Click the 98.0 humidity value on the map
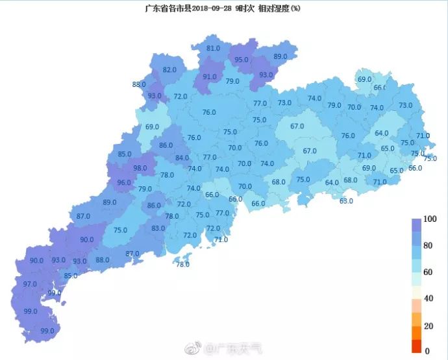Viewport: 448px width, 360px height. pyautogui.click(x=140, y=168)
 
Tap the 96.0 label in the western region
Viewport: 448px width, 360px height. pyautogui.click(x=124, y=183)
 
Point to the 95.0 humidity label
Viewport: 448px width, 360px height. pyautogui.click(x=242, y=60)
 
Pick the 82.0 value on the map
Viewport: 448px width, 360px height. pyautogui.click(x=169, y=70)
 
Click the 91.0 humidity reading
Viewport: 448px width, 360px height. pyautogui.click(x=210, y=77)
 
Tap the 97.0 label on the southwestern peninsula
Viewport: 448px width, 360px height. pyautogui.click(x=30, y=285)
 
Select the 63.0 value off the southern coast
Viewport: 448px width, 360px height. pyautogui.click(x=346, y=201)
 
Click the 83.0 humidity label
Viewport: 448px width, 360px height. pyautogui.click(x=158, y=228)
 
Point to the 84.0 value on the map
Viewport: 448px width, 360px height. pyautogui.click(x=182, y=158)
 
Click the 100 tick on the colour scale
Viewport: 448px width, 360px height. pyautogui.click(x=429, y=219)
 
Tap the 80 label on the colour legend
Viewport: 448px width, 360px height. pyautogui.click(x=428, y=246)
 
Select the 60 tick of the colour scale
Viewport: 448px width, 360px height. pyautogui.click(x=428, y=272)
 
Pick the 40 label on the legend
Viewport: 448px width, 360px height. pyautogui.click(x=428, y=298)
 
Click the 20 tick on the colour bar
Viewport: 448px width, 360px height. pyautogui.click(x=428, y=325)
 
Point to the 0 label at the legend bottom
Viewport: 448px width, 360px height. pyautogui.click(x=426, y=351)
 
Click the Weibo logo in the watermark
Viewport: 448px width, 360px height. pyautogui.click(x=193, y=349)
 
